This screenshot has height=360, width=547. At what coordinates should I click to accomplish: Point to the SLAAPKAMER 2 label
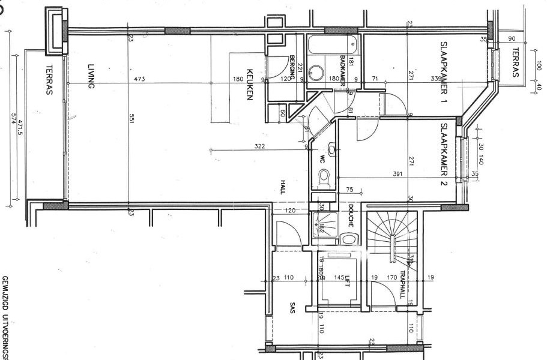click(x=445, y=155)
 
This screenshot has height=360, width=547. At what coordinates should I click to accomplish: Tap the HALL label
click(x=282, y=187)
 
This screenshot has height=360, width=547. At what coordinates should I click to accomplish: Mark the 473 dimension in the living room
click(x=140, y=79)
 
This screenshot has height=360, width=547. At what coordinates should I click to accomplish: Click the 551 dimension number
click(x=130, y=120)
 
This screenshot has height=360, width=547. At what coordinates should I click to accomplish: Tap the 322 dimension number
click(x=259, y=146)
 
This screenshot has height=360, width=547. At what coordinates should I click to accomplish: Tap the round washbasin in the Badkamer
click(x=316, y=73)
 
